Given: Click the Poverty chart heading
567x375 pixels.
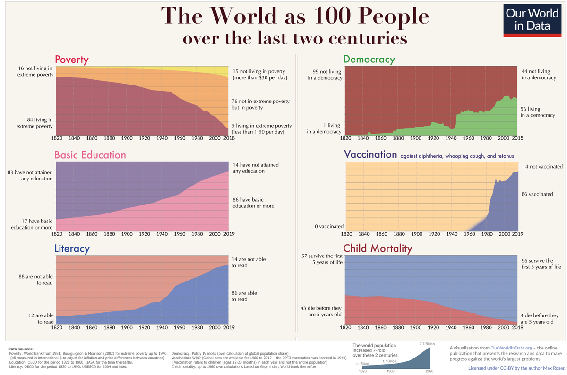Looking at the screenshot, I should coord(72,60).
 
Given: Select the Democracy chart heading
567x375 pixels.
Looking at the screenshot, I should coord(369,60).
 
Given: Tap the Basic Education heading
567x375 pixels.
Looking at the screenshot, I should coord(90,155).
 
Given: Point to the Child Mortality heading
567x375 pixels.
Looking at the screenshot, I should coord(378,248).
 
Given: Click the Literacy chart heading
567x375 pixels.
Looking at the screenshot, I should coord(72,248).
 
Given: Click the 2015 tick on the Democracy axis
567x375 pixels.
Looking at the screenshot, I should coord(517,139).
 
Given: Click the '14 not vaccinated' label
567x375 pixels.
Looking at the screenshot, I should coord(542,166).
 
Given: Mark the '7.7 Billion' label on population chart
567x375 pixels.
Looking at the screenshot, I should coord(426,343).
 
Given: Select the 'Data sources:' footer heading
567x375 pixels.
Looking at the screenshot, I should coord(21,349).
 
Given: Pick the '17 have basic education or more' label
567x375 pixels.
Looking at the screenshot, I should coord(31,224).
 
